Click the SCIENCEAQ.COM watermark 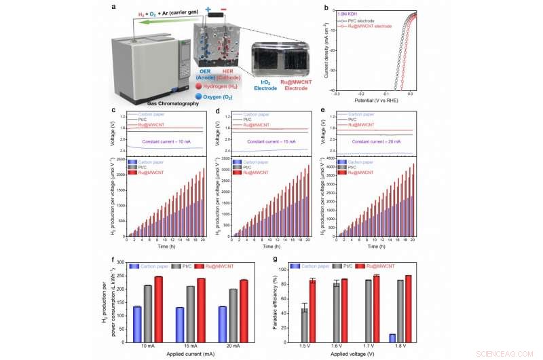(x=513, y=353)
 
